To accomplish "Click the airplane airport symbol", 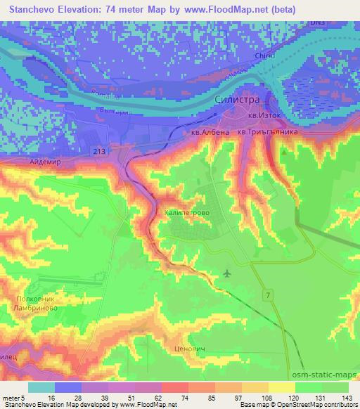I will point(226,273).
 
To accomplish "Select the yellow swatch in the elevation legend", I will point(281,387).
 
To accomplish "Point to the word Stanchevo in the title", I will point(32,9).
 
